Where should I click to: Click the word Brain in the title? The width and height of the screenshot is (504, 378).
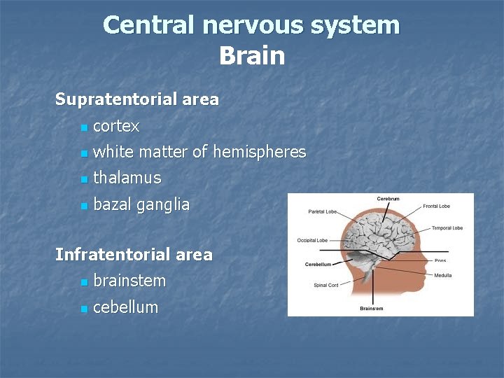coord(252,55)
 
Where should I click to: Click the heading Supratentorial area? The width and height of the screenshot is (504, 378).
coord(137,99)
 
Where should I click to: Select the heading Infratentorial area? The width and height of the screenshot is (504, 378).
coord(134,255)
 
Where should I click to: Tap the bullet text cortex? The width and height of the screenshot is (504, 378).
coord(116,127)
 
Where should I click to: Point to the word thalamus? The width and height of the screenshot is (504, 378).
coord(127,178)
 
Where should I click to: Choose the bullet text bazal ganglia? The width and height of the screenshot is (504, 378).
coord(141,204)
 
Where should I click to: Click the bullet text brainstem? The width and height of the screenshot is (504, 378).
coord(129,281)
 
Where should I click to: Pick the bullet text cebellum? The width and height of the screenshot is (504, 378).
coord(125,307)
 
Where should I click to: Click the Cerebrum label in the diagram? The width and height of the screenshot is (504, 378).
coord(388,199)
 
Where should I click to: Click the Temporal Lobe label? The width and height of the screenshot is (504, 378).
coord(447,228)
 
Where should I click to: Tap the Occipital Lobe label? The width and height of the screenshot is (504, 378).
coord(311,240)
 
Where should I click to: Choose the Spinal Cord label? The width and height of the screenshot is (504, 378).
coord(326,285)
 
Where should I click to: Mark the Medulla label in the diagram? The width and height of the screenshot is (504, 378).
coord(442,275)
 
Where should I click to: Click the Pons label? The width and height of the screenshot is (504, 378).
coord(440,260)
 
